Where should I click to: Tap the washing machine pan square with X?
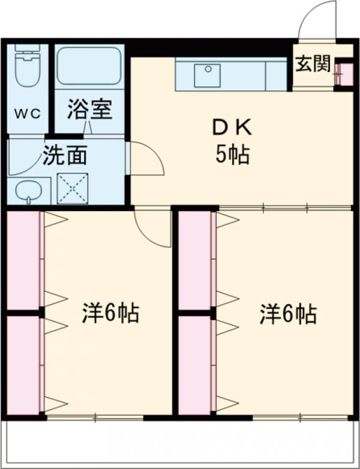pyautogui.click(x=73, y=188)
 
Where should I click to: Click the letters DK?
pyautogui.click(x=233, y=128)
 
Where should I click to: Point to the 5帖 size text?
pyautogui.click(x=233, y=156)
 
